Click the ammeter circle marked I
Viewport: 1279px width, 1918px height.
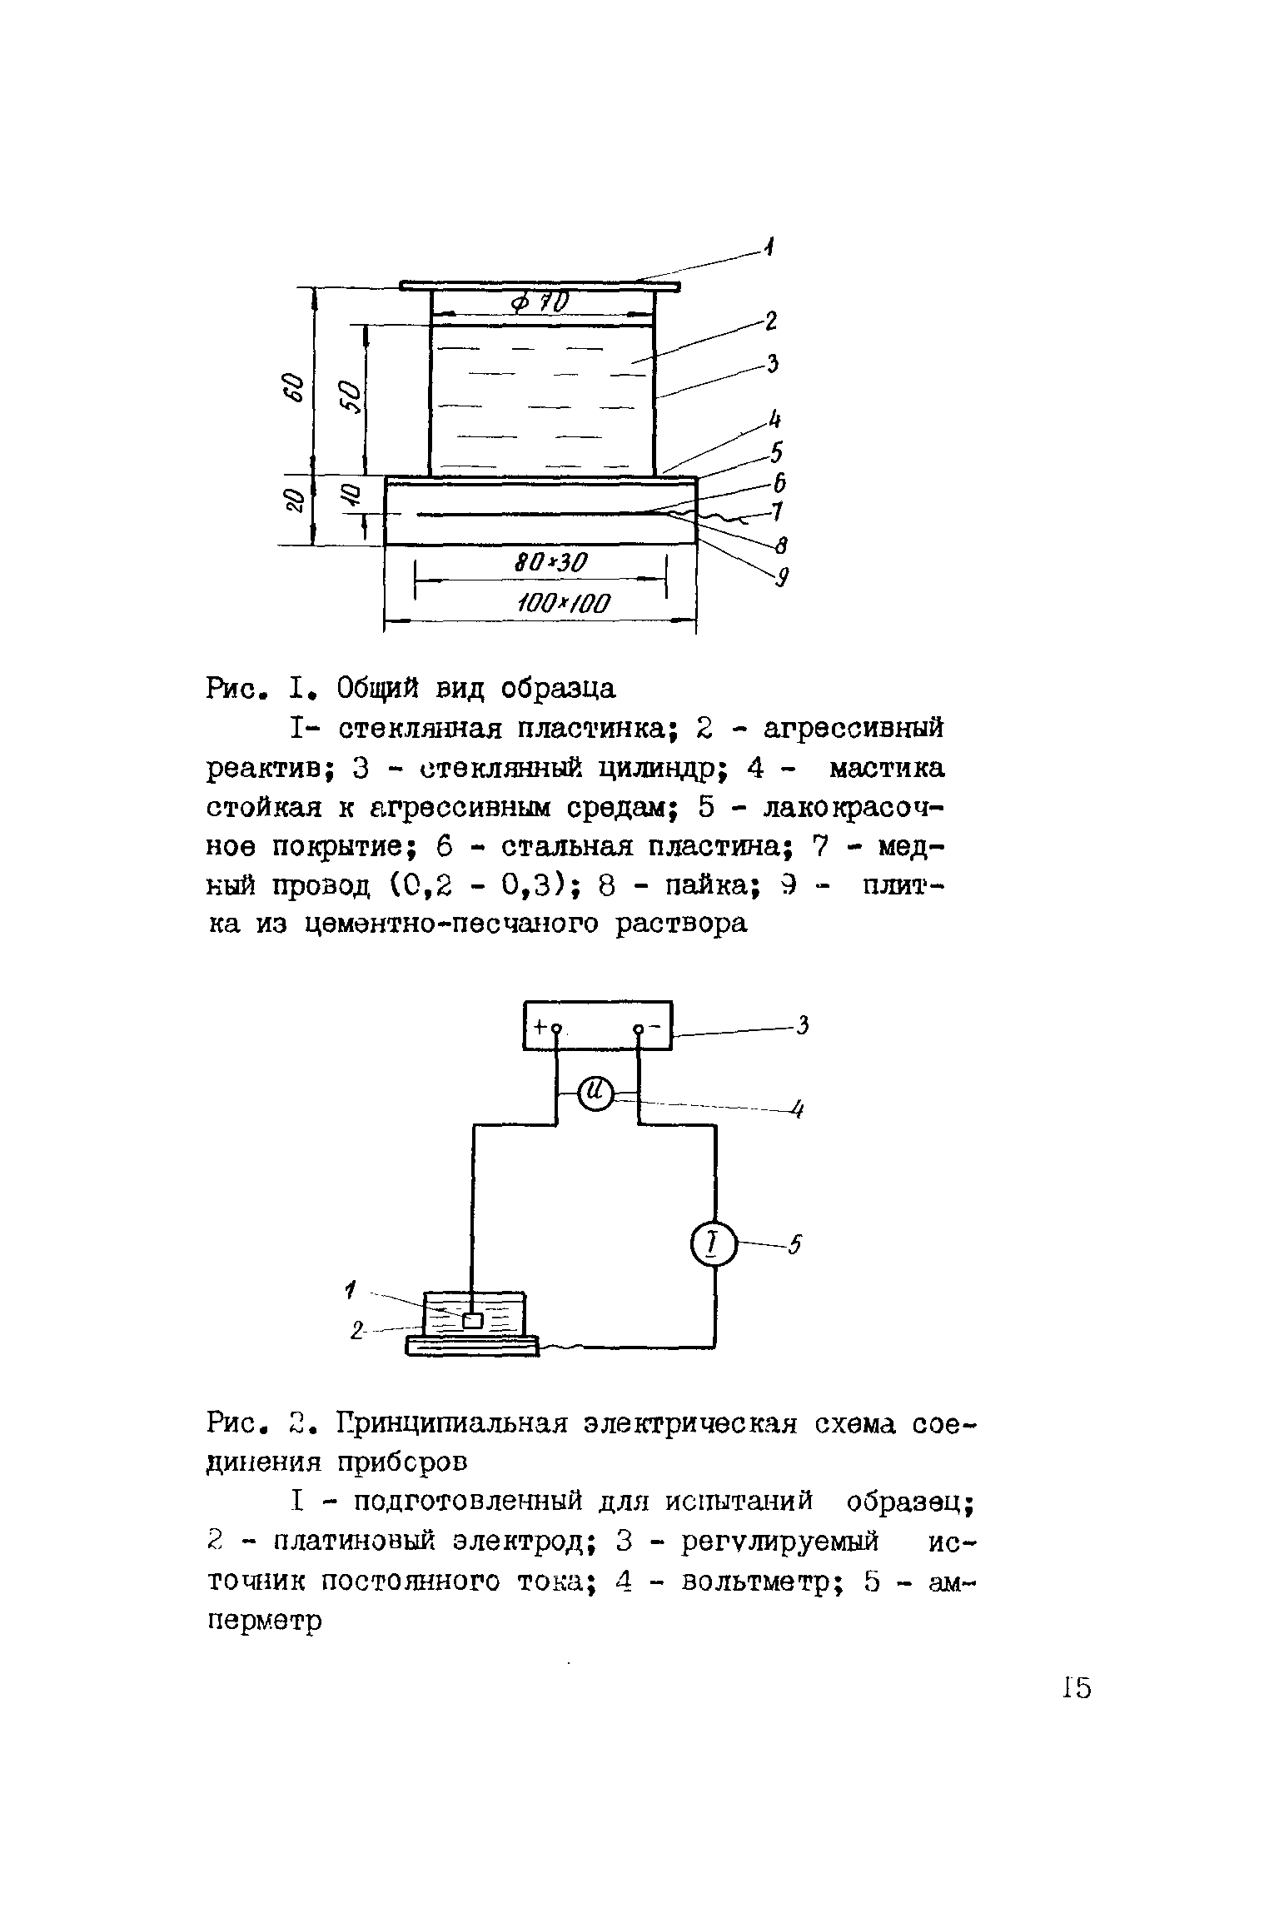pyautogui.click(x=714, y=1246)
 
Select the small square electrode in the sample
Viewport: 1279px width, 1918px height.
pyautogui.click(x=472, y=1320)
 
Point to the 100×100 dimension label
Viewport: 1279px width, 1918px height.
pyautogui.click(x=563, y=603)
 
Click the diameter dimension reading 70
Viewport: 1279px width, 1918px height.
pyautogui.click(x=541, y=302)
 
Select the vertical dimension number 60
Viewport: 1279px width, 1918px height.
pyautogui.click(x=293, y=387)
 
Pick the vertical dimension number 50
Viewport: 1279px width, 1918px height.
pyautogui.click(x=350, y=396)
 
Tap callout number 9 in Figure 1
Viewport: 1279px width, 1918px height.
pyautogui.click(x=781, y=577)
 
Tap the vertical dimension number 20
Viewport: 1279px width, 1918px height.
pyautogui.click(x=293, y=500)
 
